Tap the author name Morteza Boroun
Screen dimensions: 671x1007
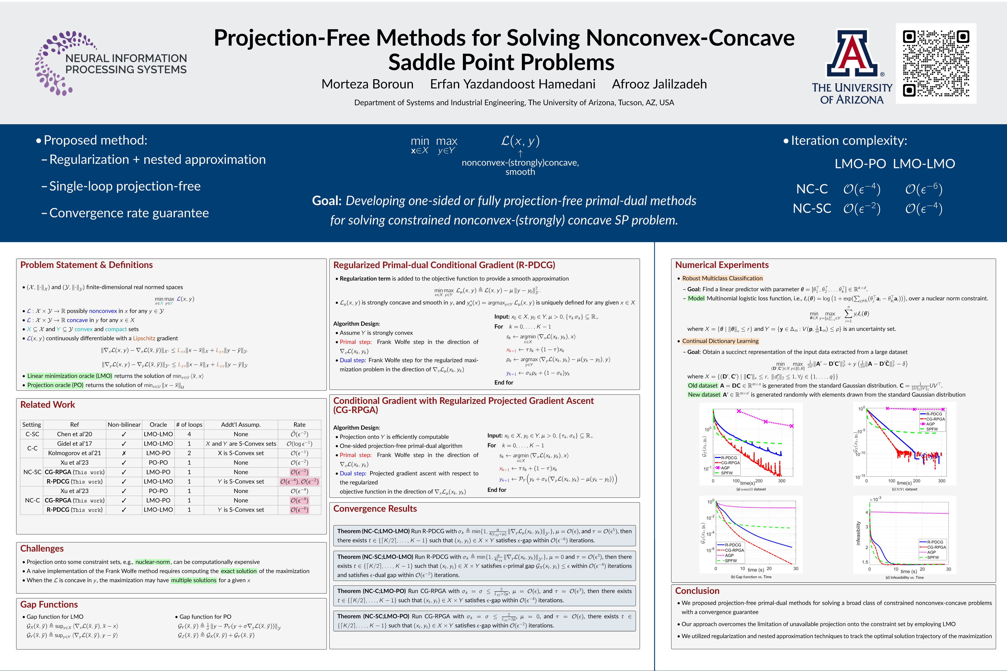[x=367, y=84]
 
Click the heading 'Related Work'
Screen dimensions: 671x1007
[x=48, y=405]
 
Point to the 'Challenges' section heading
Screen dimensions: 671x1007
[x=42, y=549]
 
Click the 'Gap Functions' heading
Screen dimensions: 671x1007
[x=49, y=604]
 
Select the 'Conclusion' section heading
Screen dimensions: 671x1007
[x=697, y=591]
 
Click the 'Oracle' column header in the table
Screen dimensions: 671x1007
[x=158, y=425]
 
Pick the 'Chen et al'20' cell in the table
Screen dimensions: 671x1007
[x=75, y=434]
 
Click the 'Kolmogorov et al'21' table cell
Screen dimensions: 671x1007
[x=75, y=453]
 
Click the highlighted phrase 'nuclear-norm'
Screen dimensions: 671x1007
[x=153, y=562]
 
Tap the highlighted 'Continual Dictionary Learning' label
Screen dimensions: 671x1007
[x=720, y=341]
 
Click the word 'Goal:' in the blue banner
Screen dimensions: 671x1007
[x=326, y=201]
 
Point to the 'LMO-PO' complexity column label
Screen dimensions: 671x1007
[x=860, y=164]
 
